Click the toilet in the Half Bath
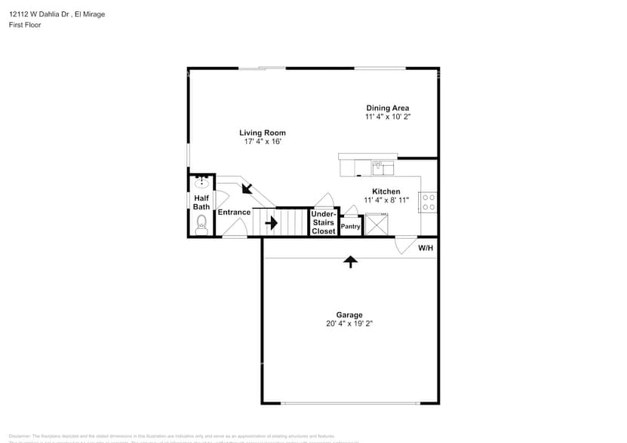pyautogui.click(x=201, y=225)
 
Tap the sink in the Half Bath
pyautogui.click(x=201, y=183)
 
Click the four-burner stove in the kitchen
pyautogui.click(x=428, y=202)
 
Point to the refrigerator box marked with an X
pyautogui.click(x=377, y=226)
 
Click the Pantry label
pyautogui.click(x=350, y=226)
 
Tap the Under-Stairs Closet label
pyautogui.click(x=324, y=223)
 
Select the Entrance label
pyautogui.click(x=234, y=212)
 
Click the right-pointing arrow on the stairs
pyautogui.click(x=271, y=223)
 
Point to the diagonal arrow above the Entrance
pyautogui.click(x=247, y=188)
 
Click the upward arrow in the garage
pyautogui.click(x=350, y=261)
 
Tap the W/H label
pyautogui.click(x=426, y=248)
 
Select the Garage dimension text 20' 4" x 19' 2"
pyautogui.click(x=349, y=323)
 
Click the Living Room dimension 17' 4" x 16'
pyautogui.click(x=263, y=142)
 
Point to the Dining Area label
pyautogui.click(x=388, y=108)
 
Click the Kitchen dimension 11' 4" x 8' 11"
pyautogui.click(x=386, y=200)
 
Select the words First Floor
pyautogui.click(x=25, y=25)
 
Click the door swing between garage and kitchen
pyautogui.click(x=405, y=246)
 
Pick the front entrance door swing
pyautogui.click(x=235, y=235)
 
